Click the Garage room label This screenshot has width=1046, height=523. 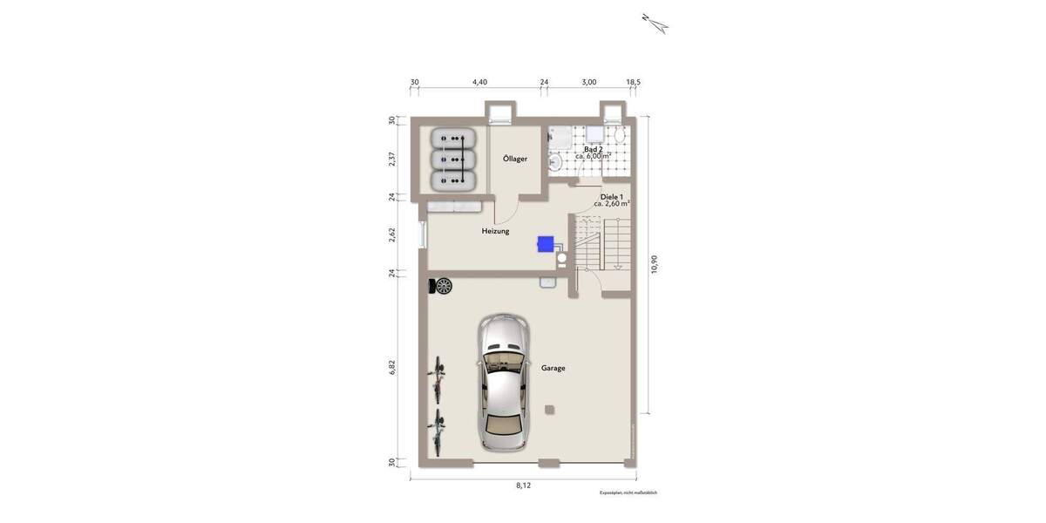(x=553, y=368)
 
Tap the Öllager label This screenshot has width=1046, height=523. (x=515, y=159)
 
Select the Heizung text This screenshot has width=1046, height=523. (x=495, y=231)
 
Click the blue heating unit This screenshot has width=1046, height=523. (x=547, y=243)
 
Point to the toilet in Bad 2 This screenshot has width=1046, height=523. (x=618, y=136)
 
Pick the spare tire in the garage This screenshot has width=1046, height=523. (x=444, y=285)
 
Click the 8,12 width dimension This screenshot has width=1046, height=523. (x=523, y=486)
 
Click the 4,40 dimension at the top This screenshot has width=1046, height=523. (x=479, y=82)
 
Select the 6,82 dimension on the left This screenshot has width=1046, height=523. (x=393, y=367)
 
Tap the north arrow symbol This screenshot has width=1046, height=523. (x=655, y=23)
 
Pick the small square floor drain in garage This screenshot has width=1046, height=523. (x=548, y=410)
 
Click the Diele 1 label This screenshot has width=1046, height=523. (x=611, y=197)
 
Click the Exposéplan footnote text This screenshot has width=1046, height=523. (x=628, y=493)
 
